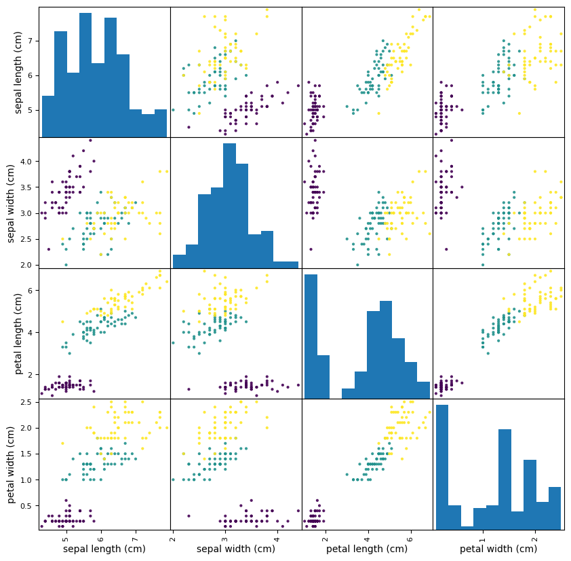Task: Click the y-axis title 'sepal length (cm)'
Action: (19, 72)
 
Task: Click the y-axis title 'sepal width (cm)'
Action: (11, 202)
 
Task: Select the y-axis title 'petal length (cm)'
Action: (19, 333)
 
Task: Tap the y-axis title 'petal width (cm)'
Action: (11, 464)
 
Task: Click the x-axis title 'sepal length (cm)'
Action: (104, 549)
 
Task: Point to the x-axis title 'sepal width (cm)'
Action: (235, 549)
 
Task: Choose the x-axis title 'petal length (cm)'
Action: (367, 549)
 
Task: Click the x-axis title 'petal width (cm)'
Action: (498, 549)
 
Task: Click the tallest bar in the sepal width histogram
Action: (229, 204)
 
